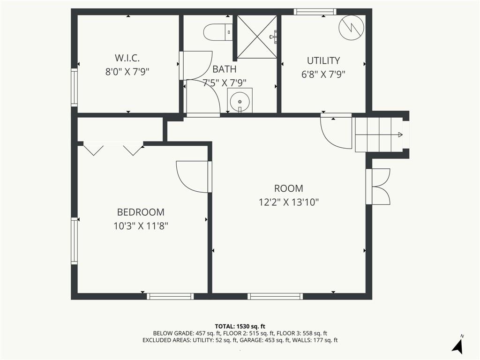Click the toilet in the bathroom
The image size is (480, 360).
click(218, 32)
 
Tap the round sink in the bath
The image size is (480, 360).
click(240, 101)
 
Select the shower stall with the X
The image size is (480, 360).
click(257, 37)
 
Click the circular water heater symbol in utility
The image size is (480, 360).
click(352, 28)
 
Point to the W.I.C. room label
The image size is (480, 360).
click(127, 58)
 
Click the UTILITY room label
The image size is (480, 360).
click(323, 60)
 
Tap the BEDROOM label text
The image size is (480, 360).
click(141, 212)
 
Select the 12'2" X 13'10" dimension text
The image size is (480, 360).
click(289, 202)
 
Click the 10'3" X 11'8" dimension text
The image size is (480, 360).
click(141, 226)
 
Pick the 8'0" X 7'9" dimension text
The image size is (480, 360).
click(127, 72)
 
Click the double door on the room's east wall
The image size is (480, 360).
click(378, 187)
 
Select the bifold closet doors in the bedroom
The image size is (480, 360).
click(113, 149)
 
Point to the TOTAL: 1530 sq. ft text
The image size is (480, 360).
click(240, 326)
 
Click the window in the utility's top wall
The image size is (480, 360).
click(315, 12)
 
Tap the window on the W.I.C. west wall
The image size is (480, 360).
click(74, 87)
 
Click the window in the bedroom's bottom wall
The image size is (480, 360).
click(170, 296)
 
